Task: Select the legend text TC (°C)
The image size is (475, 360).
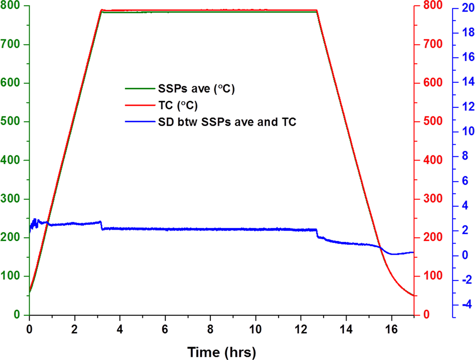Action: [x=177, y=105]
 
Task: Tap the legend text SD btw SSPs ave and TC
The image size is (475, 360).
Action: [x=227, y=122]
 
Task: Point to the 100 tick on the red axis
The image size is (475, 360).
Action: [x=432, y=277]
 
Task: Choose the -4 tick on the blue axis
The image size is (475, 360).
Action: [x=463, y=304]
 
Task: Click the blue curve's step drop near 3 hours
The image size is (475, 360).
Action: [x=102, y=225]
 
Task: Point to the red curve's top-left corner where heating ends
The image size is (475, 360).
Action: [x=102, y=10]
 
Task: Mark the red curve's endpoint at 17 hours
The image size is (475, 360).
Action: [x=413, y=296]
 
